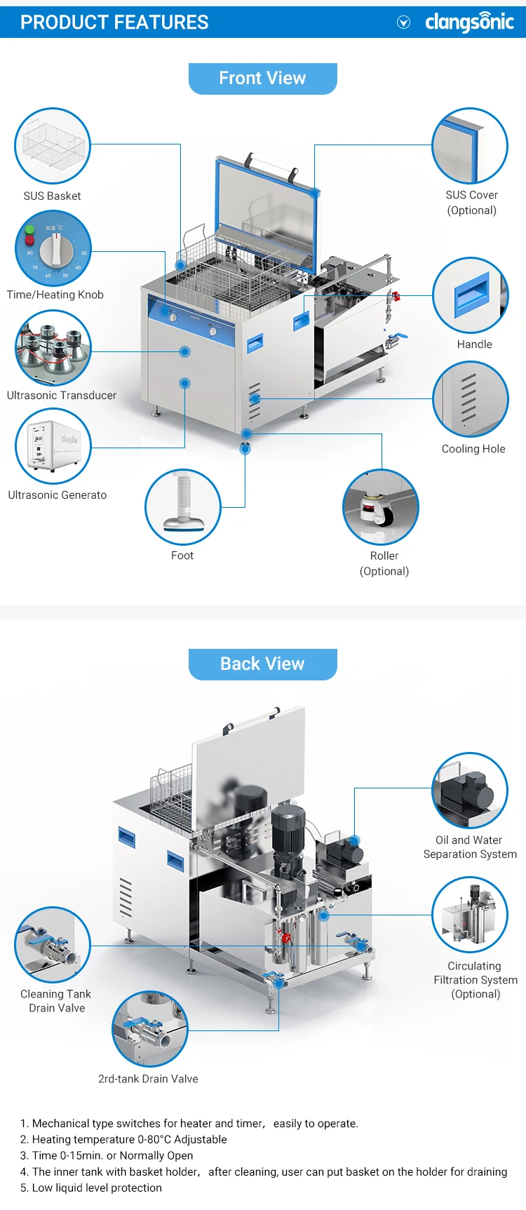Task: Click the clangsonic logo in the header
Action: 469,22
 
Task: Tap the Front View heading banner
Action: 262,79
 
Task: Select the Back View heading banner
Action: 262,664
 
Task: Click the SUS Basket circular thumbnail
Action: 53,146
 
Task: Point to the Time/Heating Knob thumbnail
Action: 53,248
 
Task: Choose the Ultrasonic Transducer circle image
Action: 53,348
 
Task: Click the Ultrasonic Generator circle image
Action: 53,446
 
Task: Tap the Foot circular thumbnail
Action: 183,507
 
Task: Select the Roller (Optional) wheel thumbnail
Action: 381,507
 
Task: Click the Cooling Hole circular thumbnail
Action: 471,399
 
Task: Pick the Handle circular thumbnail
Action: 471,295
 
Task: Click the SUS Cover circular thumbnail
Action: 470,146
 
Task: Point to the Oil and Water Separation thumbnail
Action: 470,790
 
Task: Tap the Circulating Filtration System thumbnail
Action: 470,915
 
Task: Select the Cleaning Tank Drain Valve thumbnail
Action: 53,945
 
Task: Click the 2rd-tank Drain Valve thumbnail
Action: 150,1029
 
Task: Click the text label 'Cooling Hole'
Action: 473,449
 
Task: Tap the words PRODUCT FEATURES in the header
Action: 114,22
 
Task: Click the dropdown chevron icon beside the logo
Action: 403,22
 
